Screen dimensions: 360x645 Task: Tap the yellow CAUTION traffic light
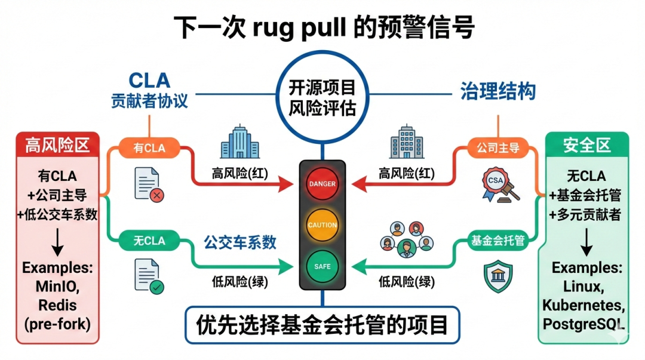[x=322, y=225]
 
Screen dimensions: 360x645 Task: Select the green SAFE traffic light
[x=322, y=266]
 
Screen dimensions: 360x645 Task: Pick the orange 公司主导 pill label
[x=497, y=148]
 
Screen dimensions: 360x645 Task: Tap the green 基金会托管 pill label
[x=497, y=241]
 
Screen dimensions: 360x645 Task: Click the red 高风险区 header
[x=57, y=145]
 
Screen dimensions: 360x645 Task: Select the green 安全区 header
[x=586, y=144]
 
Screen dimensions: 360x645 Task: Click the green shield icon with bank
[x=497, y=277]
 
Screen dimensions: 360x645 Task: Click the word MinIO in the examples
[x=57, y=287]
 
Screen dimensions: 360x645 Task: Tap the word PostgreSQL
[x=583, y=324]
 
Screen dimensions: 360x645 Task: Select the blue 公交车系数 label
[x=240, y=242]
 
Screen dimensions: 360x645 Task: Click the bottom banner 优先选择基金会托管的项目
[x=322, y=325]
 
